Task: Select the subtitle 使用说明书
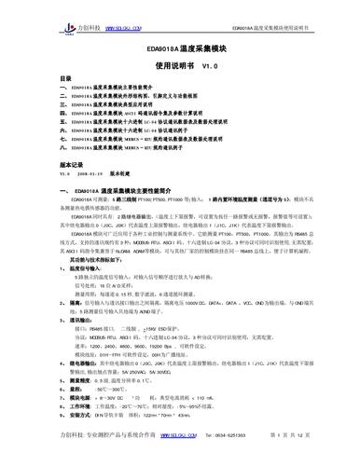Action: [173, 66]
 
